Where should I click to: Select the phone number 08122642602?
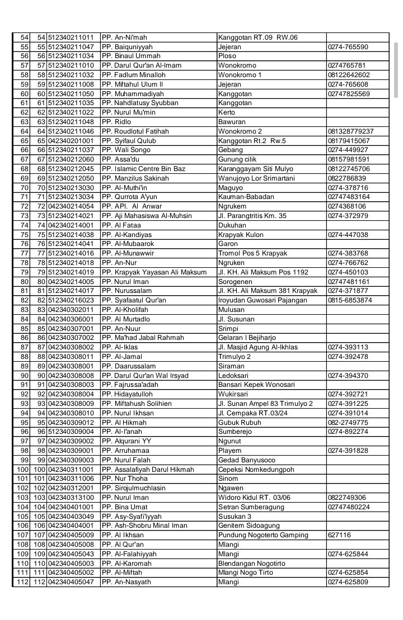click(x=349, y=75)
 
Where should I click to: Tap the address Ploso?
click(x=227, y=56)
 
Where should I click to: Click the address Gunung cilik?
click(x=238, y=159)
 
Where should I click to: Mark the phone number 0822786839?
click(x=347, y=178)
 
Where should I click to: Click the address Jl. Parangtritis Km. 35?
click(x=252, y=216)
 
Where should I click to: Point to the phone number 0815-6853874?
click(x=350, y=300)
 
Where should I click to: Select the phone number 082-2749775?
click(x=348, y=422)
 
